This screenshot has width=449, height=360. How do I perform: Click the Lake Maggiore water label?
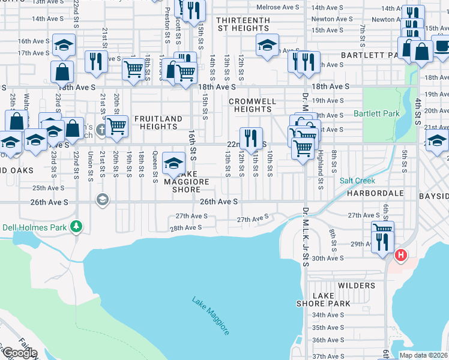[x=210, y=316]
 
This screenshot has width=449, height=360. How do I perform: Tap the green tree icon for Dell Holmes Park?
[x=76, y=226]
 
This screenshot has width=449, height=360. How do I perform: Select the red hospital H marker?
[x=401, y=256]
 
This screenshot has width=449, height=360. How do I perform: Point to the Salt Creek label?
[x=357, y=181]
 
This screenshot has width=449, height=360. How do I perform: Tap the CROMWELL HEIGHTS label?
[x=252, y=105]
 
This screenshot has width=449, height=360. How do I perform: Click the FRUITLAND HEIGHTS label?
[x=158, y=123]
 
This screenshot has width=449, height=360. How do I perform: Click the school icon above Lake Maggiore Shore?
[x=173, y=162]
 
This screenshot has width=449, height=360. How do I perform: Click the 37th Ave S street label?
[x=327, y=356]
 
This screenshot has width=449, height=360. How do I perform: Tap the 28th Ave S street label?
[x=185, y=228]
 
